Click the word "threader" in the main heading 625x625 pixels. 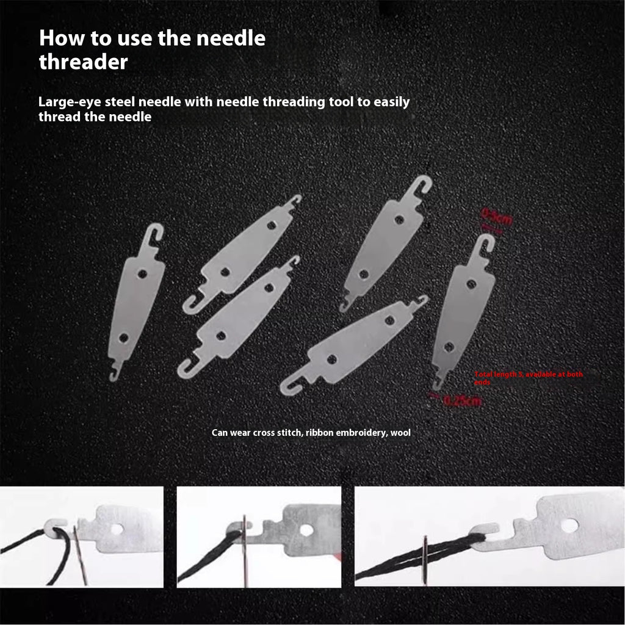[84, 62]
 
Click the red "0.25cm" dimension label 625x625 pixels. [462, 401]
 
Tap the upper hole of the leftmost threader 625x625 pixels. [142, 274]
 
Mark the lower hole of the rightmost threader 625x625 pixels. [449, 347]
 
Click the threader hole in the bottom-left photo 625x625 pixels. [117, 529]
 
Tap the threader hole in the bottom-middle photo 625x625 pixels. [306, 529]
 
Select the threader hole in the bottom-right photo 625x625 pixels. [569, 525]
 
